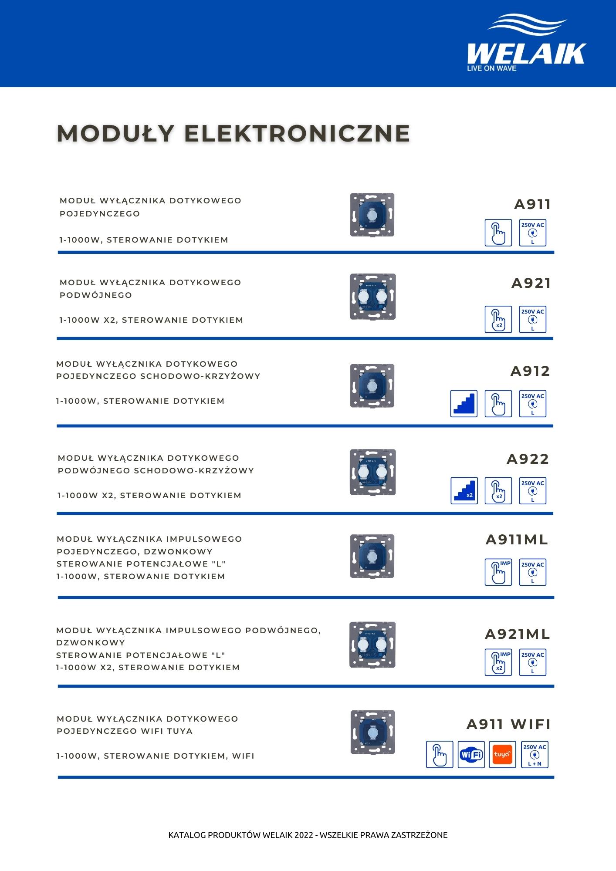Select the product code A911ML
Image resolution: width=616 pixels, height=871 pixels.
517,540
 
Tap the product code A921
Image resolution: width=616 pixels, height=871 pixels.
531,283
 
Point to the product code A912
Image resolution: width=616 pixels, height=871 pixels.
530,371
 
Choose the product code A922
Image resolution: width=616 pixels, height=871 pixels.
528,459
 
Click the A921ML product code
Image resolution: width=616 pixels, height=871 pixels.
518,634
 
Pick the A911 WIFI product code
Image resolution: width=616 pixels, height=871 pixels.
508,724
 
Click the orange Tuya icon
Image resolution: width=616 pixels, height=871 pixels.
502,754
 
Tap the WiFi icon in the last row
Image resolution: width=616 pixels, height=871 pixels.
471,754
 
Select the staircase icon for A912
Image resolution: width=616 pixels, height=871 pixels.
464,404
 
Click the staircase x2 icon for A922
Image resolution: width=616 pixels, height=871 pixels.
464,491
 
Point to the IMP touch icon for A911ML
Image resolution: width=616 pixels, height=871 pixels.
498,572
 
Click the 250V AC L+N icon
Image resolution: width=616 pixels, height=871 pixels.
535,754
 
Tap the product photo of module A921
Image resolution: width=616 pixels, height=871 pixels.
373,297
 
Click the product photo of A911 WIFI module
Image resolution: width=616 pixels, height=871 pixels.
372,733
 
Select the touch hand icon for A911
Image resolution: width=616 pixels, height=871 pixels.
498,233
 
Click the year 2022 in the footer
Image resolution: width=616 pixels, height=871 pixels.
303,835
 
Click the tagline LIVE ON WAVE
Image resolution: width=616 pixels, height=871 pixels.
491,68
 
